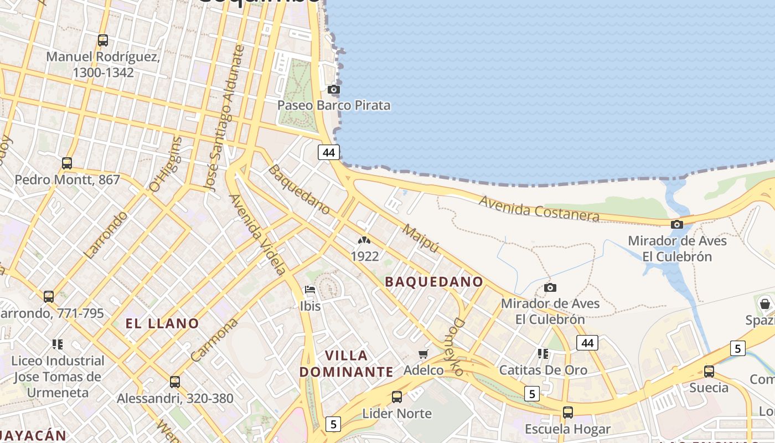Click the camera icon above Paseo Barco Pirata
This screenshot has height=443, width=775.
(333, 89)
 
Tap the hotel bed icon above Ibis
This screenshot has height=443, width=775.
(310, 290)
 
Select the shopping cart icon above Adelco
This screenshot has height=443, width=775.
(423, 354)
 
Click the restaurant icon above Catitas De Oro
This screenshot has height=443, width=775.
(543, 353)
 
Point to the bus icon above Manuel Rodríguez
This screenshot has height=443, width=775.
(102, 40)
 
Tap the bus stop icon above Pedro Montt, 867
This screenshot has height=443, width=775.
(67, 163)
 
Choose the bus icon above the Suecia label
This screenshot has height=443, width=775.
(709, 371)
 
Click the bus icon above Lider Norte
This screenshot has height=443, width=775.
(396, 396)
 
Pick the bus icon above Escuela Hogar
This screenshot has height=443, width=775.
(568, 412)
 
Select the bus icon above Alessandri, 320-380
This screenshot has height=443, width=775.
(175, 382)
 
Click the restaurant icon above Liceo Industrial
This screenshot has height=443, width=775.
(58, 344)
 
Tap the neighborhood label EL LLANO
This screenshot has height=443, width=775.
(162, 323)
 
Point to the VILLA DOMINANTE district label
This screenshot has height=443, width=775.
(347, 363)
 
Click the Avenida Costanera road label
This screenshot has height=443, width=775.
(539, 209)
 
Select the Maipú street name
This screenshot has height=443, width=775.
(421, 239)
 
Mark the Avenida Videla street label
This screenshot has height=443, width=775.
(257, 234)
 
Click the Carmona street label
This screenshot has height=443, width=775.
(214, 339)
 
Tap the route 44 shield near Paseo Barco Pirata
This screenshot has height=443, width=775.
(328, 152)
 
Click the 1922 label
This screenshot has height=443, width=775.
(365, 256)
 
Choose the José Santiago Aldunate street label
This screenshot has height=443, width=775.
(224, 119)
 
